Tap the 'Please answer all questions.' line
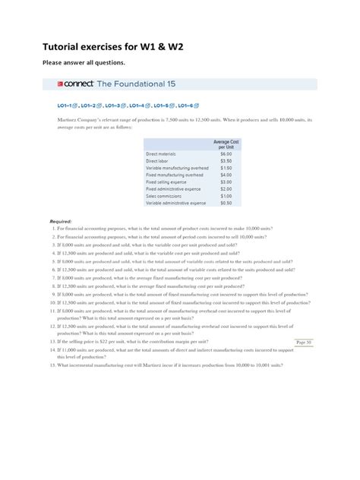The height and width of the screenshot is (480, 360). [94, 62]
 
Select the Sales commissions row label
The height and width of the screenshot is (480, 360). [164, 196]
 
